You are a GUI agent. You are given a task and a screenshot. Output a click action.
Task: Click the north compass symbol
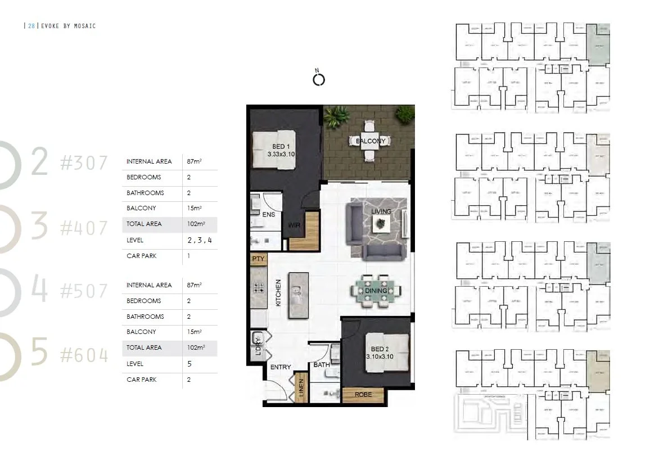[x=318, y=79]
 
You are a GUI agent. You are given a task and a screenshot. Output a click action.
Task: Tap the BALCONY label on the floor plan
[x=371, y=141]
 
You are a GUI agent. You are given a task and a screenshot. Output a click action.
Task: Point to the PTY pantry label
[x=259, y=259]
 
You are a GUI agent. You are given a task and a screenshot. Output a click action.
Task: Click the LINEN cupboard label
[x=301, y=388]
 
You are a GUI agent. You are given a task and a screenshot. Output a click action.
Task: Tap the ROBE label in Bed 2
[x=363, y=395]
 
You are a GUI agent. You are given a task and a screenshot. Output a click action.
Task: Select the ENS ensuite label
[x=268, y=214]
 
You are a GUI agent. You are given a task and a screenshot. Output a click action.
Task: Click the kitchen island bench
[x=298, y=291]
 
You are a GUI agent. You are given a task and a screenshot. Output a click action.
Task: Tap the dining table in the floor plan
[x=376, y=291]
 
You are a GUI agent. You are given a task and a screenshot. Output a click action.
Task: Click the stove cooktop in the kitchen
[x=259, y=289]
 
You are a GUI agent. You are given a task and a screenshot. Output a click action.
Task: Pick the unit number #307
[x=84, y=163]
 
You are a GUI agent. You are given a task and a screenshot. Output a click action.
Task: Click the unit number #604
[x=84, y=355]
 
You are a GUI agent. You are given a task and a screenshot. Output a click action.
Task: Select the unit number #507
[x=84, y=291]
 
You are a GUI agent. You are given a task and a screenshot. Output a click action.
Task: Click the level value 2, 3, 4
[x=200, y=240]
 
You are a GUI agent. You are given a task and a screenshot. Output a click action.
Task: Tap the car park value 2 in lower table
[x=189, y=380]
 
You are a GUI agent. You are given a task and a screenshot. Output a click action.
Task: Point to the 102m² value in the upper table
[x=195, y=224]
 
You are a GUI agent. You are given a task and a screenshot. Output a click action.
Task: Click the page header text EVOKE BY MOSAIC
[x=69, y=26]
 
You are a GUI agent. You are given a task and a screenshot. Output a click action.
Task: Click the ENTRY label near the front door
[x=281, y=367]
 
